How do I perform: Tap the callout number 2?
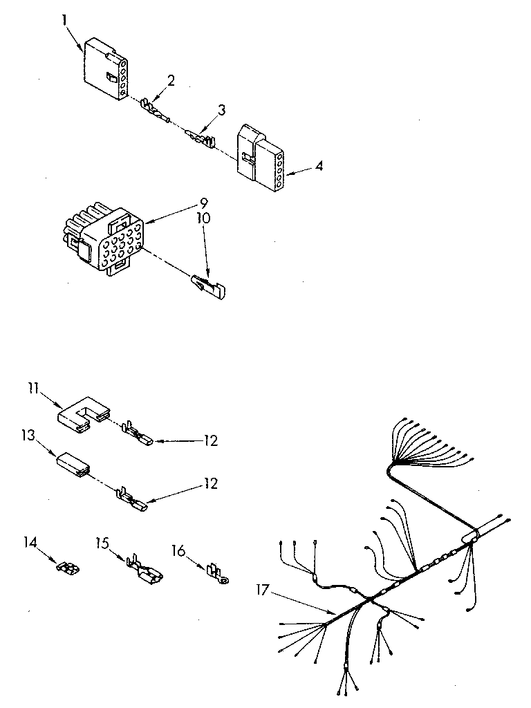click(x=170, y=80)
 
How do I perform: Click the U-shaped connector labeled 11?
click(x=82, y=416)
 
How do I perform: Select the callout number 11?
click(x=32, y=390)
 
